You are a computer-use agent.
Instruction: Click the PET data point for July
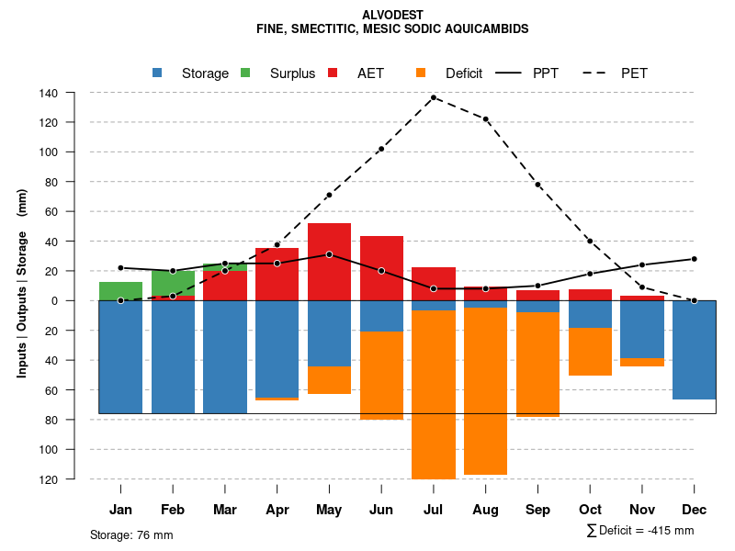click(434, 97)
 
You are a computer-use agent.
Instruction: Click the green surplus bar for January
click(120, 291)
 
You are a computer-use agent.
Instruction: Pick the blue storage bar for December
click(694, 350)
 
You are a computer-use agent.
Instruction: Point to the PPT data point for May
click(329, 254)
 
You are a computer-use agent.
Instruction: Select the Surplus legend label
click(292, 73)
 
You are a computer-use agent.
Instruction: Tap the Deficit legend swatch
click(422, 73)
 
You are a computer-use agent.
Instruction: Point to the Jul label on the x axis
click(434, 510)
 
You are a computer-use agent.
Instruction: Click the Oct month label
click(590, 510)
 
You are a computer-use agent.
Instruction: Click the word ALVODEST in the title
click(392, 16)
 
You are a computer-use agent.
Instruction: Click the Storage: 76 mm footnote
click(131, 534)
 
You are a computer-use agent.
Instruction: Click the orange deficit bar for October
click(590, 352)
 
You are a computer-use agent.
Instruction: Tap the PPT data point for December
click(694, 259)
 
